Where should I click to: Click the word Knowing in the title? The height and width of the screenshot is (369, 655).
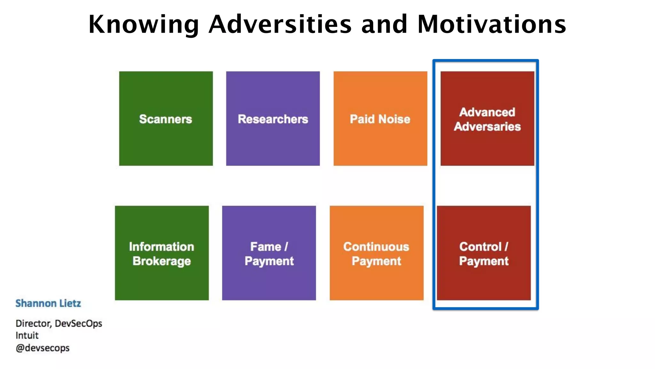click(x=144, y=25)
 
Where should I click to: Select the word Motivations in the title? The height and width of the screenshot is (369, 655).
click(x=492, y=25)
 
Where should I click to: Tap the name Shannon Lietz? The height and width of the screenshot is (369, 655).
click(x=48, y=303)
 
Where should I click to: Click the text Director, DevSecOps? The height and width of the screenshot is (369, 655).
click(x=59, y=324)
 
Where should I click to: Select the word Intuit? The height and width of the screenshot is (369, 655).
click(x=27, y=336)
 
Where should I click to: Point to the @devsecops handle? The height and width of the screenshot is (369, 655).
click(x=43, y=348)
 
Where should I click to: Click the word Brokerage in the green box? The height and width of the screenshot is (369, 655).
click(x=162, y=261)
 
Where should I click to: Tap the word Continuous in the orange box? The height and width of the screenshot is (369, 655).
click(x=376, y=247)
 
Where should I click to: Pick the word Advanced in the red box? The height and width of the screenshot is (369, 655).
click(x=487, y=112)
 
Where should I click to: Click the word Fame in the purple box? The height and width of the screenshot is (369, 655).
click(x=265, y=247)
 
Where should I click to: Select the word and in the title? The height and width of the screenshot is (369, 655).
click(x=384, y=25)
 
